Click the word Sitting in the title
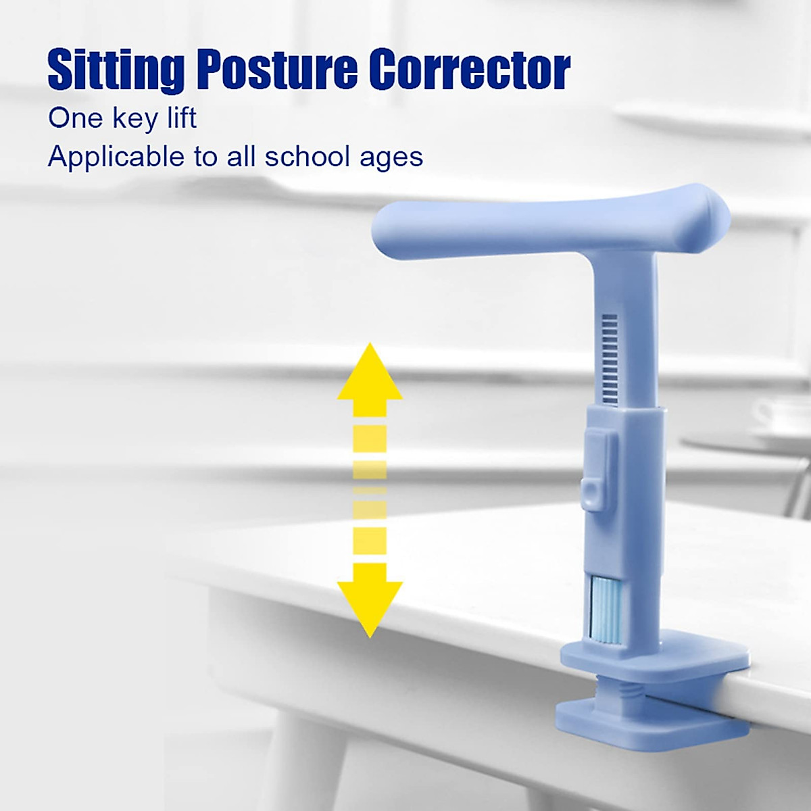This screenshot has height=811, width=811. point(116,70)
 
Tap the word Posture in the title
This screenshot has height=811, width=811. point(278,70)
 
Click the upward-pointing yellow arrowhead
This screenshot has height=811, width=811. point(370,375)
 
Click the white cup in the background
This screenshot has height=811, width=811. point(784,416)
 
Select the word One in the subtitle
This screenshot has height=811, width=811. point(74,118)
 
